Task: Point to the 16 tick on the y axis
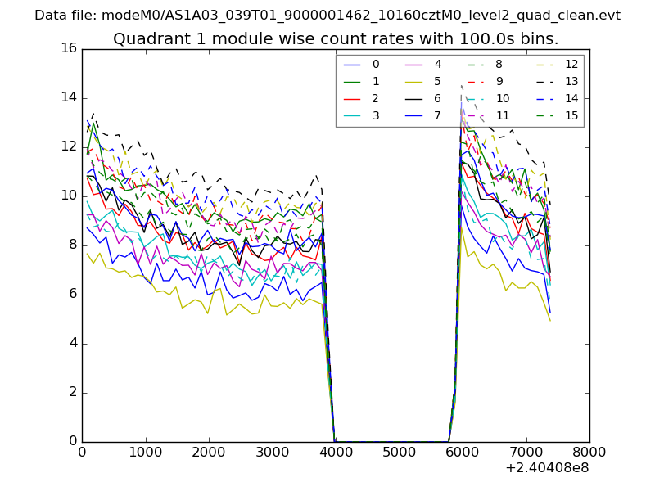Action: click(x=69, y=48)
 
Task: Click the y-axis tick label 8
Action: click(x=73, y=245)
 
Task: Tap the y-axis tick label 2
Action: click(x=73, y=392)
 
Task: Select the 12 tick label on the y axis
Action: click(x=69, y=146)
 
